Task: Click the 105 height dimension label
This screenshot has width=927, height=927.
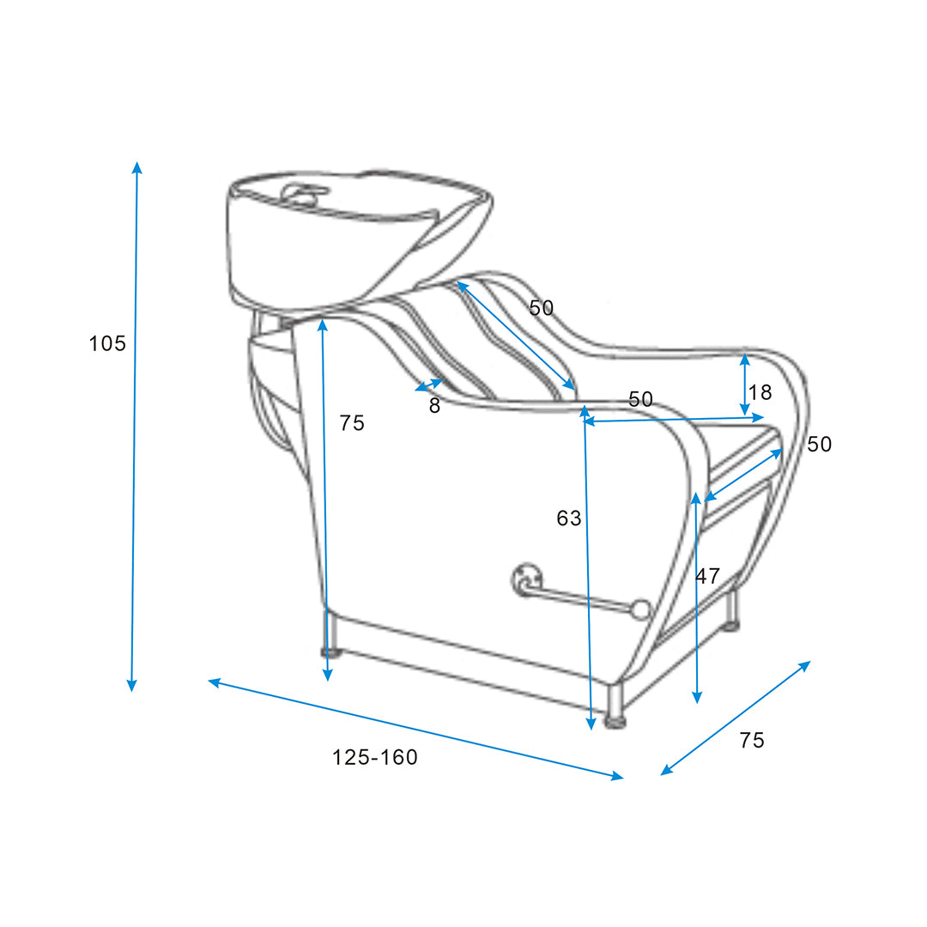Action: [x=107, y=343]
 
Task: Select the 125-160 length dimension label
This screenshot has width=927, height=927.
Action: [x=375, y=757]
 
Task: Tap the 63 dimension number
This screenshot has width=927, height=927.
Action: [x=569, y=518]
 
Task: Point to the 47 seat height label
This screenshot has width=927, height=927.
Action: [x=707, y=576]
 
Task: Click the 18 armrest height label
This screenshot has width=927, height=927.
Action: [x=760, y=392]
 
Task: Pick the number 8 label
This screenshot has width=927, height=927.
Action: [x=434, y=405]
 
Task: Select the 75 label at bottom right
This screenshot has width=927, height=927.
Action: [x=752, y=740]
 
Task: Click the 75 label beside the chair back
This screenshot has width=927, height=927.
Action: [x=352, y=422]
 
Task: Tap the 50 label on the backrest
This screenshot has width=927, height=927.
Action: [x=541, y=308]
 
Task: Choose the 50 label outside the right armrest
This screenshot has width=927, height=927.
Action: [x=820, y=444]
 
